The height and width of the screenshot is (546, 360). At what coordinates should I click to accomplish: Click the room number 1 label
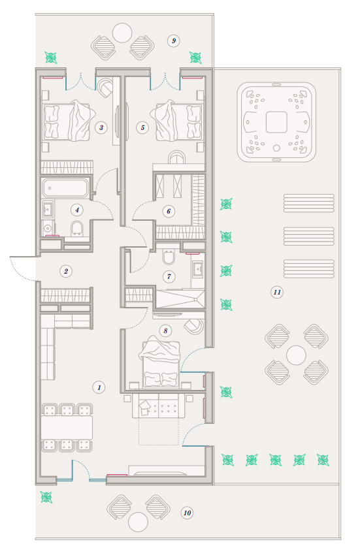99,387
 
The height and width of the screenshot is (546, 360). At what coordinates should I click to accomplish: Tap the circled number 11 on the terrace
277,292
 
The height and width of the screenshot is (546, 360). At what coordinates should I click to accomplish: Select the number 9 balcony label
174,40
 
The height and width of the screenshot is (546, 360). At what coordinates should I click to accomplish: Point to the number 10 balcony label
187,513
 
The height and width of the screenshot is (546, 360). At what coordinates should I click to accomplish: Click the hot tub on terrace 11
276,122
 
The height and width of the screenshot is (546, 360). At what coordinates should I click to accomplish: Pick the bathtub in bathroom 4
65,188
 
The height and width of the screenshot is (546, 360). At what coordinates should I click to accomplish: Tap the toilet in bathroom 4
76,229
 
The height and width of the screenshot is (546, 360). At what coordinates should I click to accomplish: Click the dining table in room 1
67,427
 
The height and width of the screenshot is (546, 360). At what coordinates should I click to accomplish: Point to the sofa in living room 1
159,406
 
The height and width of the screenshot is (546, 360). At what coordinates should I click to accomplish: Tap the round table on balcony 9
122,33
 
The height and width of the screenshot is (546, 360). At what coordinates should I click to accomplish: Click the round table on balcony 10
138,522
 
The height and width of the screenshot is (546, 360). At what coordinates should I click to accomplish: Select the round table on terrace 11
296,355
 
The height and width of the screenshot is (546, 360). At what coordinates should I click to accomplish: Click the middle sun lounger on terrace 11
309,236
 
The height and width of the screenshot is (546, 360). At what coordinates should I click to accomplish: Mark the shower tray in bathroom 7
180,298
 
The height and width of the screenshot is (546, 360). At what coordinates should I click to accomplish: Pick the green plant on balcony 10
46,497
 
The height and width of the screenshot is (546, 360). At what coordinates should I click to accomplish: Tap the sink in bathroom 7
198,269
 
